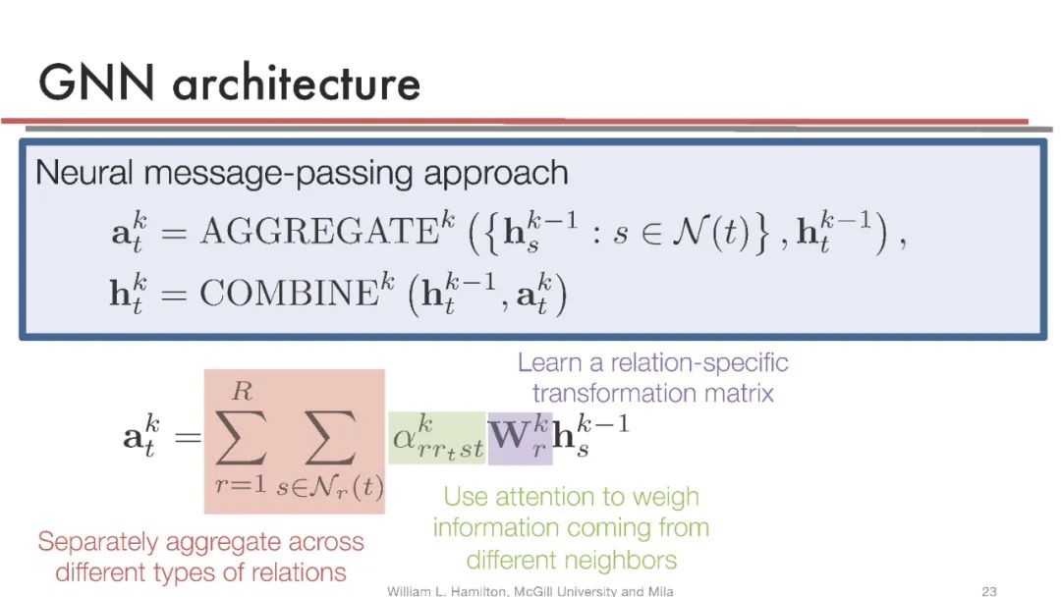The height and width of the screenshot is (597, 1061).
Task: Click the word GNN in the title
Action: pyautogui.click(x=96, y=82)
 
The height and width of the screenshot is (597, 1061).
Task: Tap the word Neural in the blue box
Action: pyautogui.click(x=84, y=174)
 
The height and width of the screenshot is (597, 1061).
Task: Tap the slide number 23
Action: pyautogui.click(x=989, y=590)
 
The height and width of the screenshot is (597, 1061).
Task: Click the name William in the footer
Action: pyautogui.click(x=413, y=590)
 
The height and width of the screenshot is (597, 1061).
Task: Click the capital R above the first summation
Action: pyautogui.click(x=242, y=393)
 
